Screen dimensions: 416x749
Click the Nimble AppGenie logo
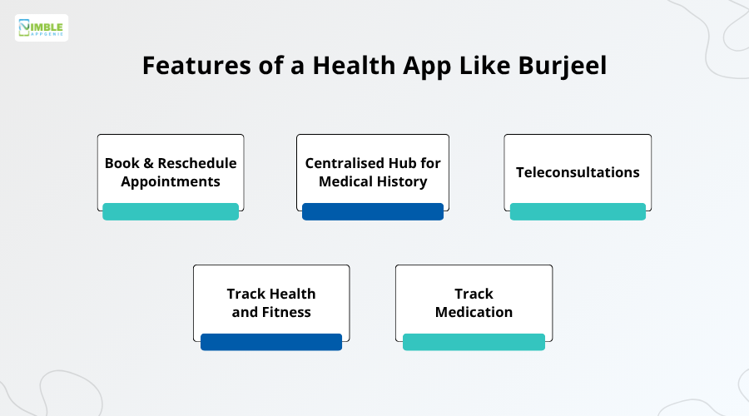42,28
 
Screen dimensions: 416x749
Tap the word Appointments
171,181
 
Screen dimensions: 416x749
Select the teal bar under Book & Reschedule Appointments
171,211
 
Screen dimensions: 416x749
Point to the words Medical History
373,181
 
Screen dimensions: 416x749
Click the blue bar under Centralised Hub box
373,211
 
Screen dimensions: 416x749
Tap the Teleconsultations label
578,172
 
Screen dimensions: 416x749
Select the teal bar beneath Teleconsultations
578,211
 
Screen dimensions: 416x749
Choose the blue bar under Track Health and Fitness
271,341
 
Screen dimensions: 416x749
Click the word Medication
474,312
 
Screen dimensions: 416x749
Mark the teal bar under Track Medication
474,341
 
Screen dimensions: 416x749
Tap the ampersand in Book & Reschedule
148,163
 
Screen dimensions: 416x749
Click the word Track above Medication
474,294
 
